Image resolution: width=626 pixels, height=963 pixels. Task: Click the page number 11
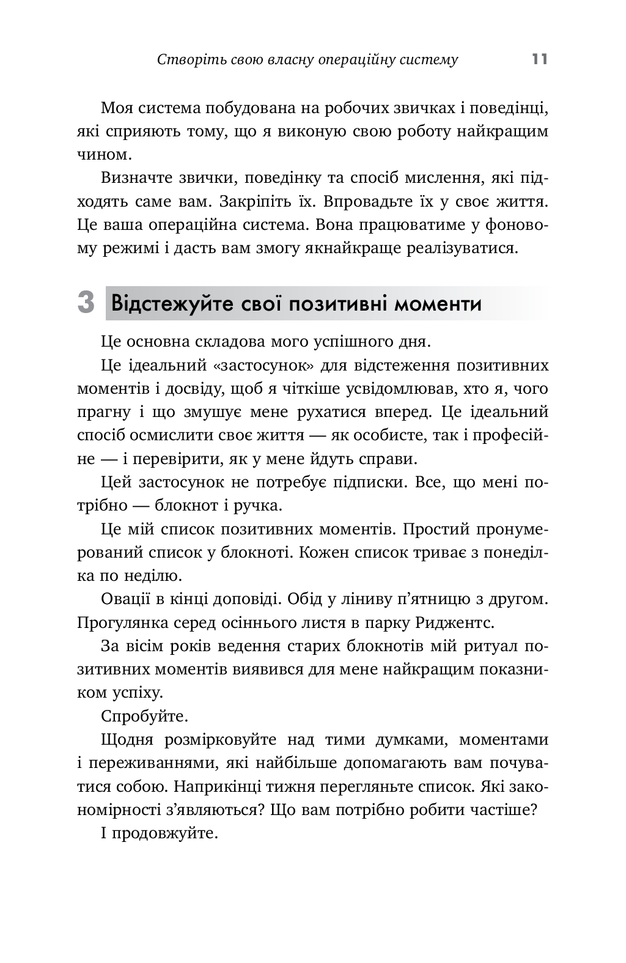pos(540,59)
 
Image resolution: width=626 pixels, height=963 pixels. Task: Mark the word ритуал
pos(482,646)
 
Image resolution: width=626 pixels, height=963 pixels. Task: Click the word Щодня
pos(127,740)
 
